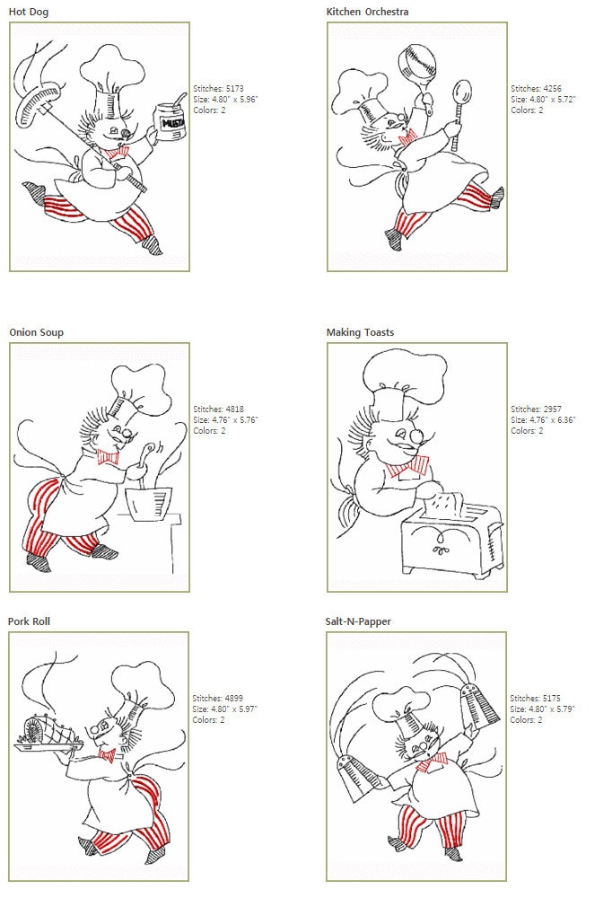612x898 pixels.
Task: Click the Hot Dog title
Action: pos(29,12)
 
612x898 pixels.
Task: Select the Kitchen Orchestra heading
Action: pos(367,12)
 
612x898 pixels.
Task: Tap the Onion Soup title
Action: pos(36,332)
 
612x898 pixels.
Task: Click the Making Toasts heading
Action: pos(360,332)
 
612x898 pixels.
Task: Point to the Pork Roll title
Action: pos(29,621)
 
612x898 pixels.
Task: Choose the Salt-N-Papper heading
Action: pos(358,621)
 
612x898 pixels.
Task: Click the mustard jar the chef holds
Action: pos(170,121)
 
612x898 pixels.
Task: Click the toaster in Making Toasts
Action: pos(452,539)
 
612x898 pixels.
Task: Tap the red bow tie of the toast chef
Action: pos(407,467)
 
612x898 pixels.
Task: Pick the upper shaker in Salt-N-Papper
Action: pos(480,708)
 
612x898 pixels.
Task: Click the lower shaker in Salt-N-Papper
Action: pos(355,778)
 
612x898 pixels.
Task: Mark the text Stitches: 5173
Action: pos(218,88)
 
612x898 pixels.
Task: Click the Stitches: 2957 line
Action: pos(536,409)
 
